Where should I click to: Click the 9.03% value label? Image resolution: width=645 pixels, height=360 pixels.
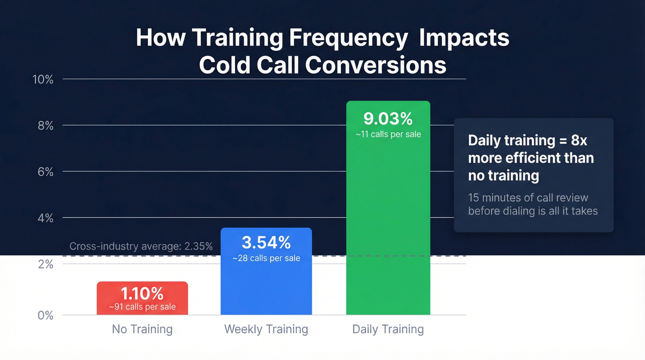[388, 119]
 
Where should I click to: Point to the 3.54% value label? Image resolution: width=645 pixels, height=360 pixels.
[266, 242]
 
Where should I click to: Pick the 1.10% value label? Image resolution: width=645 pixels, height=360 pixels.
[142, 293]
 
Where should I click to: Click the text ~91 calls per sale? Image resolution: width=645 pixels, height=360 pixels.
[142, 307]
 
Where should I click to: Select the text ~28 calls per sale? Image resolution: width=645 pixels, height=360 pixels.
[266, 258]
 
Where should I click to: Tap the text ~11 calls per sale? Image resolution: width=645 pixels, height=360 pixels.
[388, 135]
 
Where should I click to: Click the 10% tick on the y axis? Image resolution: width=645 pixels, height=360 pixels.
[43, 79]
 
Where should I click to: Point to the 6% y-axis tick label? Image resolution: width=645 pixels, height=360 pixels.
[46, 172]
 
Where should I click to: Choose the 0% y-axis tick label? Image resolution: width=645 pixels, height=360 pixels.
[46, 316]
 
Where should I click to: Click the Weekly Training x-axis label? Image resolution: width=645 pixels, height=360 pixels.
[266, 329]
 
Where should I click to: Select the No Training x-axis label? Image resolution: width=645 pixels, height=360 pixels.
[142, 329]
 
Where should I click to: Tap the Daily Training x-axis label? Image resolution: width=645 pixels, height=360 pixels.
[388, 329]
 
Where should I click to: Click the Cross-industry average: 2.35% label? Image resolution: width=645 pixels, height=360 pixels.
[141, 246]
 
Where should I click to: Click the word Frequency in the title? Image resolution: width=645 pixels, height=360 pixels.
[348, 38]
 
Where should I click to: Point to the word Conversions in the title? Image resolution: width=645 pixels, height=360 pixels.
[375, 65]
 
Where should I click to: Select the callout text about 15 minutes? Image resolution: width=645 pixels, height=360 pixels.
[533, 204]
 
